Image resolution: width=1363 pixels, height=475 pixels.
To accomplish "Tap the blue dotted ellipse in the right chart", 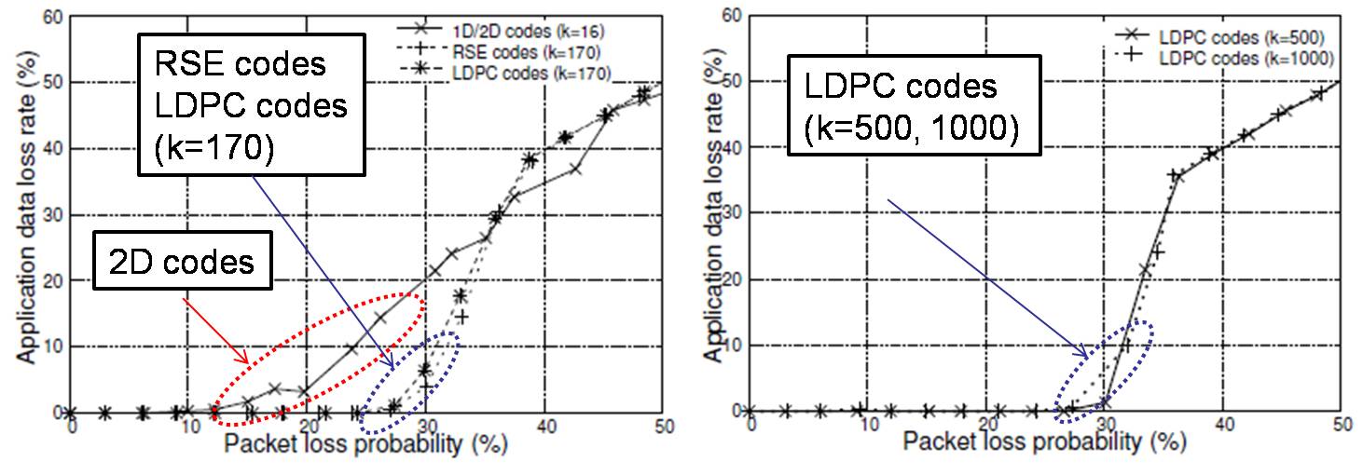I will pos(1105,372).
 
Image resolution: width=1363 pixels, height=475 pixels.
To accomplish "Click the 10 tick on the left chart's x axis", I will pos(189,427).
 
